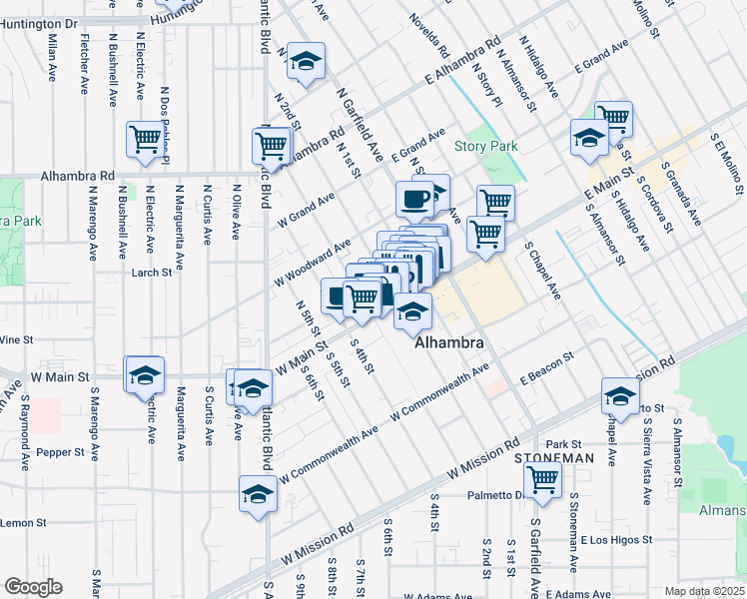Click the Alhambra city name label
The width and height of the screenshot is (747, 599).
click(449, 341)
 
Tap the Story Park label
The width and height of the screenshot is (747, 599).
click(486, 146)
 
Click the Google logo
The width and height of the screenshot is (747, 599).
click(33, 587)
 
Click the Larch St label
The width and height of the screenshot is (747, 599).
click(150, 271)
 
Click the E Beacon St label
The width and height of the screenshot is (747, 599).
click(545, 361)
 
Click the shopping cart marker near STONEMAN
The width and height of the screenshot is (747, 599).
click(542, 478)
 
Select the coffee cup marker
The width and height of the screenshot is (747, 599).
click(414, 198)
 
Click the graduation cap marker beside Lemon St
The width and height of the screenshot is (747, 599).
click(258, 493)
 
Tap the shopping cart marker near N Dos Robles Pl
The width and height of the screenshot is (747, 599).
click(145, 139)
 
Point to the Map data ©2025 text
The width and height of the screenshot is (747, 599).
click(704, 591)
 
